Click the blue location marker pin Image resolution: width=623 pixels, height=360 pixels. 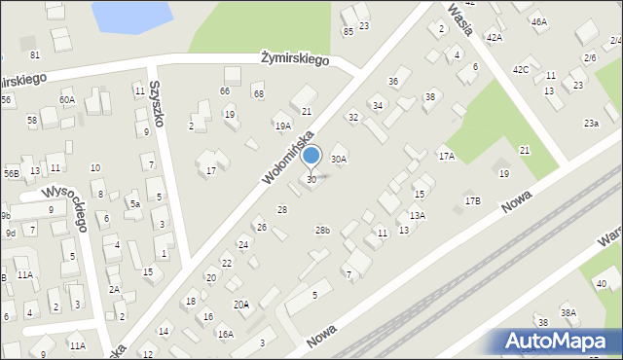pos(311,156)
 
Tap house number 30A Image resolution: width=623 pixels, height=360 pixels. pos(339,159)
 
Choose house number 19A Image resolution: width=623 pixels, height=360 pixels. pos(282,126)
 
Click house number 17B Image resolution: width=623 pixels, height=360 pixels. pos(472,200)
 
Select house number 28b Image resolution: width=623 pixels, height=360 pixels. pos(322,230)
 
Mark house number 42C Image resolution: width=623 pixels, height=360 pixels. pos(522,69)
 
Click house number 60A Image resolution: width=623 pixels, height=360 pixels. pos(66,99)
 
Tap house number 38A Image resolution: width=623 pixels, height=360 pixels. pos(568,312)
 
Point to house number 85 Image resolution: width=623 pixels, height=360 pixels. pos(348,31)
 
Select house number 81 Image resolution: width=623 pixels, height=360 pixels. pos(35,54)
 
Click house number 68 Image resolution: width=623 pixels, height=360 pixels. pos(258,93)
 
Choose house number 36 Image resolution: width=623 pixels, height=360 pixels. pos(393,81)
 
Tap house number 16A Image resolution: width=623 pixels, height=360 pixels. pos(225,334)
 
